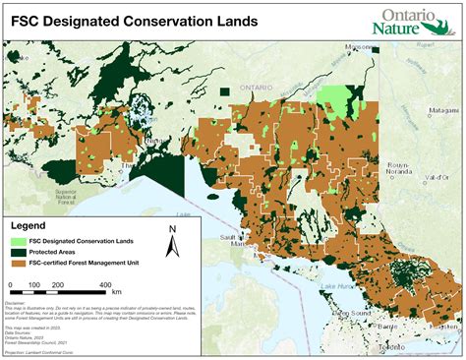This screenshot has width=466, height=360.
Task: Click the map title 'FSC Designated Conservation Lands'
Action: pyautogui.click(x=135, y=21)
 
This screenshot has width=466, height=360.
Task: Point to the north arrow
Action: pyautogui.click(x=172, y=245)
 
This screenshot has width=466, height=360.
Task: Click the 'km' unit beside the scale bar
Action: pyautogui.click(x=117, y=291)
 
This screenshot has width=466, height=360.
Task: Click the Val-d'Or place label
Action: pyautogui.click(x=438, y=176)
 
